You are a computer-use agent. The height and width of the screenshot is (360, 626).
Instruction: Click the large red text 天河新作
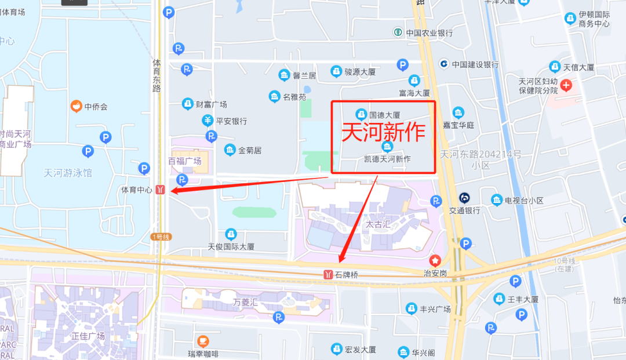[x=384, y=133]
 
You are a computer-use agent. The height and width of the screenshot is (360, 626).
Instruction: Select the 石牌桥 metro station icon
[x=328, y=274]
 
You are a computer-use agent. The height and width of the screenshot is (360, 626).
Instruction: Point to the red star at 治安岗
[x=434, y=261]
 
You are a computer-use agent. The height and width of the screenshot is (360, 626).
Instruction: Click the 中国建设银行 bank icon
[x=444, y=64]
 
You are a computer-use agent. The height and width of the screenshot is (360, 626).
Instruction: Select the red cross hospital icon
[x=566, y=86]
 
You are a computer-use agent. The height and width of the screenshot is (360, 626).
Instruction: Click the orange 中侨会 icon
[x=75, y=106]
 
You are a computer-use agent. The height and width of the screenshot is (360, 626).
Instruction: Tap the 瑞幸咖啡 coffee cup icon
[x=203, y=341]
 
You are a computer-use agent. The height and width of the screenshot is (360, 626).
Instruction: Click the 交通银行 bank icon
[x=464, y=198]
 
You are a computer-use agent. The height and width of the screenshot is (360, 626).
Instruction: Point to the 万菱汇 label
[x=244, y=302]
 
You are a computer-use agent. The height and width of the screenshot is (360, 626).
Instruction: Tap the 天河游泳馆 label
[x=68, y=173]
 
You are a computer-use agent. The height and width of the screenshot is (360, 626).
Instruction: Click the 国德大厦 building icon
[x=361, y=114]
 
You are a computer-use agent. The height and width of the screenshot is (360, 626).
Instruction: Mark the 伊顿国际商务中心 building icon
[x=570, y=19]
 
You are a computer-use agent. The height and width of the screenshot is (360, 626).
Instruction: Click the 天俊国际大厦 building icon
[x=231, y=234]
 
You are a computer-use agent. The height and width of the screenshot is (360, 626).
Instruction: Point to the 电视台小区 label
[x=524, y=201]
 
